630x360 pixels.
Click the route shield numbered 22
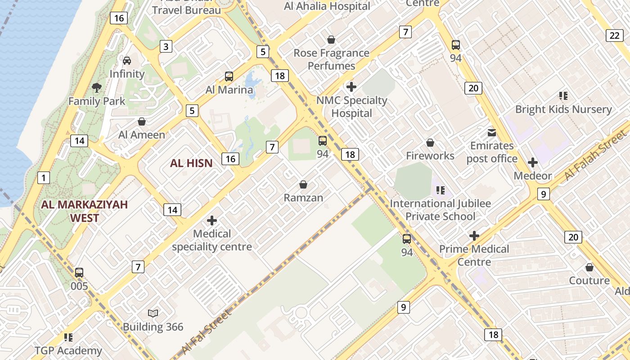click(615, 36)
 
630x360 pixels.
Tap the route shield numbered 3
click(166, 46)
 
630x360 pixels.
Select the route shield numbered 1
click(43, 178)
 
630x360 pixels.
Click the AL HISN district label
click(191, 163)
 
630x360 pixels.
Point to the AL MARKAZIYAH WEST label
click(85, 211)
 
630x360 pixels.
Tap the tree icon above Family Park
click(97, 87)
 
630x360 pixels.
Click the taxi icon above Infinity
click(127, 60)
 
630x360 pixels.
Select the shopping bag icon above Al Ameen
click(142, 121)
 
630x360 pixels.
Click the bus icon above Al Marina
click(229, 76)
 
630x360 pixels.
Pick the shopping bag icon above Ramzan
click(303, 184)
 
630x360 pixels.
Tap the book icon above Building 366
click(153, 313)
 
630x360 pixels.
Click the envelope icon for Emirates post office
click(491, 133)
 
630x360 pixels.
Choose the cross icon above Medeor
click(533, 162)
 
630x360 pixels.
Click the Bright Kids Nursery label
click(563, 109)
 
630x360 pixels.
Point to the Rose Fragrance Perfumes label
click(331, 59)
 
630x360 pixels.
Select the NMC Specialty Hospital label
click(351, 107)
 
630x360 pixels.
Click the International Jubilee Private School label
click(440, 210)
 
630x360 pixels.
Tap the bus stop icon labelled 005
click(79, 272)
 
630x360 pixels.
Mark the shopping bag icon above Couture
click(589, 267)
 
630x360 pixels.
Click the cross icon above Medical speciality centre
click(211, 220)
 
